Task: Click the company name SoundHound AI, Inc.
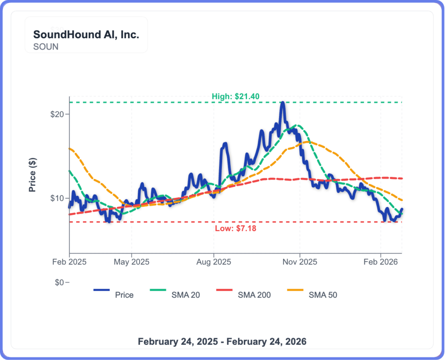86,35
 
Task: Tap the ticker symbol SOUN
46,46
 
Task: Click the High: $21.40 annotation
236,96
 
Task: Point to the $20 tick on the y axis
58,114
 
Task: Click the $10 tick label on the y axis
58,198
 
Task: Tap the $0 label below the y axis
60,283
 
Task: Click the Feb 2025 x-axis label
69,262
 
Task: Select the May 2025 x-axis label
132,262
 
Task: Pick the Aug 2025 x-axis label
213,262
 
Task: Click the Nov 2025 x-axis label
300,262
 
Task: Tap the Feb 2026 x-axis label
381,262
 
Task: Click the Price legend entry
124,295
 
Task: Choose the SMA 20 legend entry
186,295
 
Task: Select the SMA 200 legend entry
254,295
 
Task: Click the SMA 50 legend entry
323,295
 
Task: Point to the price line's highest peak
282,103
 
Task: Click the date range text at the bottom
222,341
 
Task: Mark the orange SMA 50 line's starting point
70,149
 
